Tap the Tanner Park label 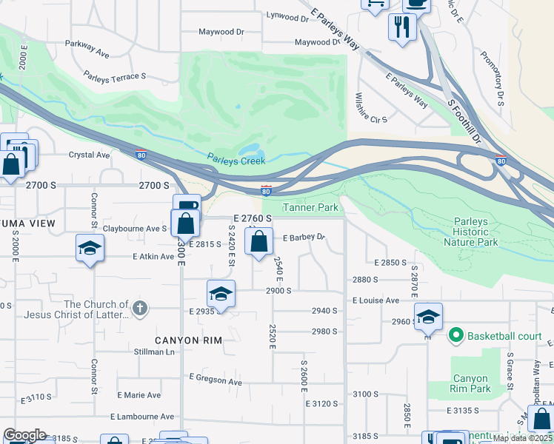click(310, 208)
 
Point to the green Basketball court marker click(456, 336)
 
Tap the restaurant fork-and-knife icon click(402, 27)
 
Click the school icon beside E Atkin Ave click(90, 246)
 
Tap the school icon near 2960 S click(428, 316)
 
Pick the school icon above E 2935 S click(221, 293)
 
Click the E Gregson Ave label click(216, 380)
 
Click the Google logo click(24, 435)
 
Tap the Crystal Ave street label click(89, 155)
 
